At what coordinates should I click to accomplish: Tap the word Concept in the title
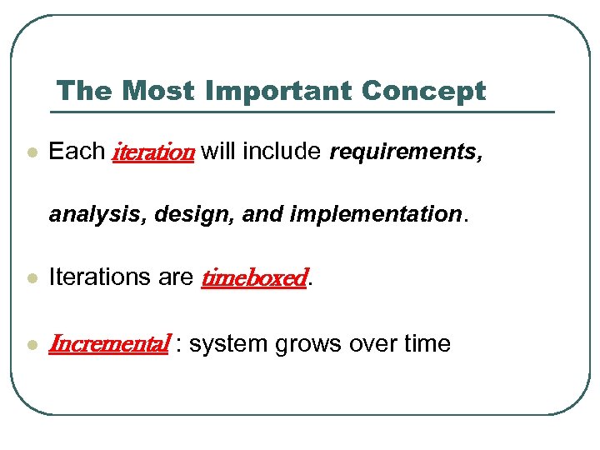pos(424,91)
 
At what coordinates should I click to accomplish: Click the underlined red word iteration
pos(152,152)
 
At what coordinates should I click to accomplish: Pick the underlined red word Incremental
pos(110,343)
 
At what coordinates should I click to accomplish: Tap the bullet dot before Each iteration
pos(32,153)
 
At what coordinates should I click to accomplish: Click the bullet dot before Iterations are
pos(32,278)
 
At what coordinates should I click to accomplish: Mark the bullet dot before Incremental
pos(32,344)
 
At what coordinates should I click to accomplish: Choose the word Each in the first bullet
pos(77,152)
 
